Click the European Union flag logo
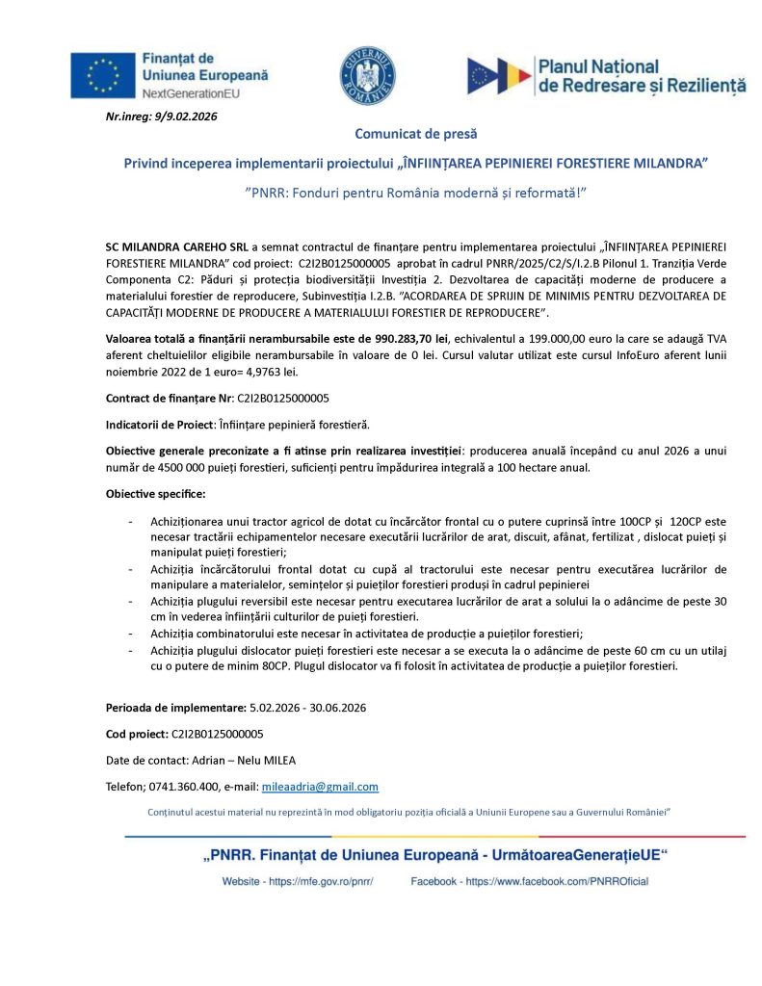(103, 75)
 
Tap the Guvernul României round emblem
(366, 75)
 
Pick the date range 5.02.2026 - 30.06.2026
(307, 708)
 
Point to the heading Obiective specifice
(148, 494)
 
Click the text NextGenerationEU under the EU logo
(191, 94)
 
